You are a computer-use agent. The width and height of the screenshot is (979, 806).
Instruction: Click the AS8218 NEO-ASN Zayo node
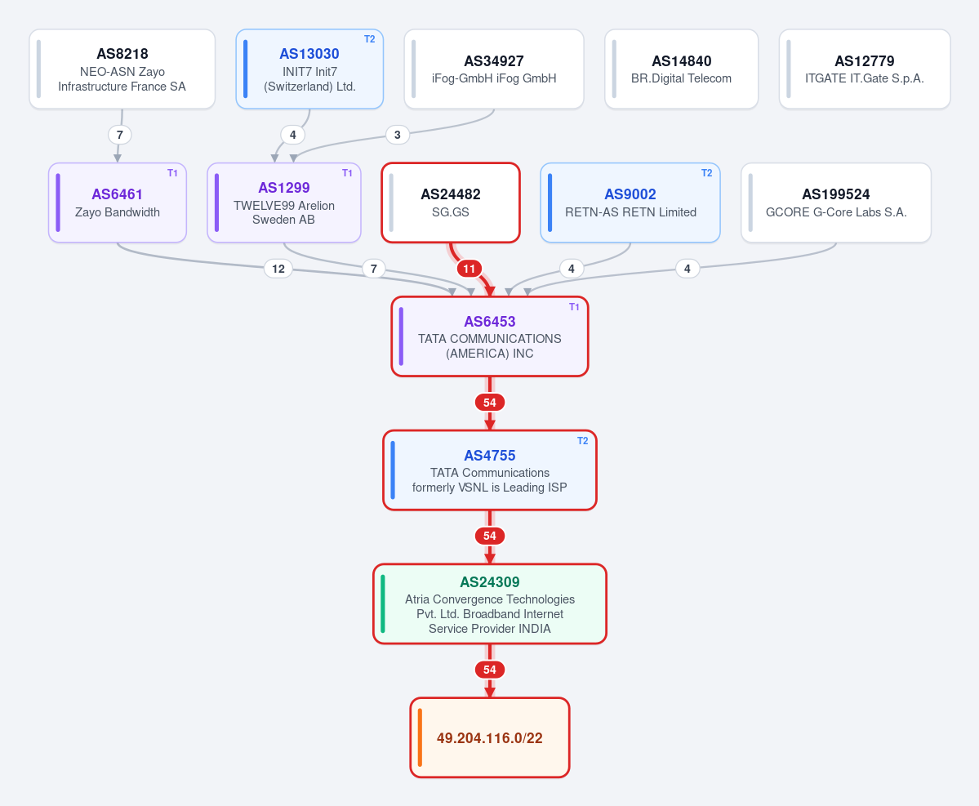(122, 69)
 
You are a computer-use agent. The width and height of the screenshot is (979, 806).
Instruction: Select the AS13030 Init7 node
(309, 69)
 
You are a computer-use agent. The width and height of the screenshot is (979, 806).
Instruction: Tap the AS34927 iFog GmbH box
(494, 69)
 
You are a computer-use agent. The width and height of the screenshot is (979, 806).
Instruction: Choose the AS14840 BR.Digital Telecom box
(681, 69)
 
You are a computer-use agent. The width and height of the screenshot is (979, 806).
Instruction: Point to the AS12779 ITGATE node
(865, 69)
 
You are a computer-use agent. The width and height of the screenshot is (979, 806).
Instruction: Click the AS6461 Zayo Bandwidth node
(118, 203)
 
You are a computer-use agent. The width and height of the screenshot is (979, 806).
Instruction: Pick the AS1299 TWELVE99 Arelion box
(284, 203)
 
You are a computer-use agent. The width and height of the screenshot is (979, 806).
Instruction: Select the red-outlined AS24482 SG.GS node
(451, 203)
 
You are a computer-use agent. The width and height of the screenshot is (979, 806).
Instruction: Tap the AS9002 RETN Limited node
(630, 203)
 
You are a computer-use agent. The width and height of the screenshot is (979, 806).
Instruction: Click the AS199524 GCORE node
(836, 203)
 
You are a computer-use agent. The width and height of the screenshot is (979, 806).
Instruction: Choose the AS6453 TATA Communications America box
(490, 336)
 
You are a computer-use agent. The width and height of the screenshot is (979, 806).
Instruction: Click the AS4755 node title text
(490, 455)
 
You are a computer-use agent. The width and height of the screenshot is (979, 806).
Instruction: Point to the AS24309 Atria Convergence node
(490, 603)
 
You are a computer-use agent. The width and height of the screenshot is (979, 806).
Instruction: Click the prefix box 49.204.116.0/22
(490, 737)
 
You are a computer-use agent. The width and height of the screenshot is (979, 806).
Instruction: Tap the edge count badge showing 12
(278, 269)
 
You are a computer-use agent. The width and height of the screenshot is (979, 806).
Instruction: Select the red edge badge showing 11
(469, 269)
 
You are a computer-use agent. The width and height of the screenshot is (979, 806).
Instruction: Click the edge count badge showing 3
(397, 135)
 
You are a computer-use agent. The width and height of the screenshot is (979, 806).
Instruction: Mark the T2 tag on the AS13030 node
(370, 39)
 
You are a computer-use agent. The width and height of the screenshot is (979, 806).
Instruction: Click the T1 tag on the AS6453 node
(574, 306)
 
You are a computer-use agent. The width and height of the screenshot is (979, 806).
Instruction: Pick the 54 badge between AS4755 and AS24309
(490, 536)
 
